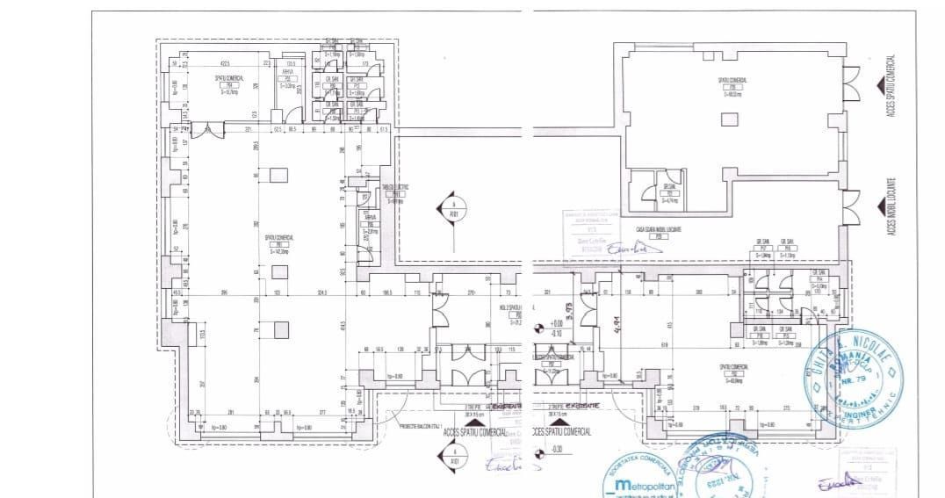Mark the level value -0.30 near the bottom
(x=556, y=450)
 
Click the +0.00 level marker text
(x=556, y=324)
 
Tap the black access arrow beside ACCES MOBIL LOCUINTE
(x=879, y=204)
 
